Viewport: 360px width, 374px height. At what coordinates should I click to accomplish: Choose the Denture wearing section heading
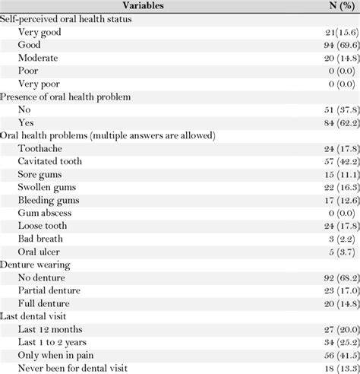(x=41, y=265)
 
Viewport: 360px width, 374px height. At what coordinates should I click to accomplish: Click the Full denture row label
(x=47, y=304)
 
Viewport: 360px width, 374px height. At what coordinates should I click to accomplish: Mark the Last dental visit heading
(x=43, y=317)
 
